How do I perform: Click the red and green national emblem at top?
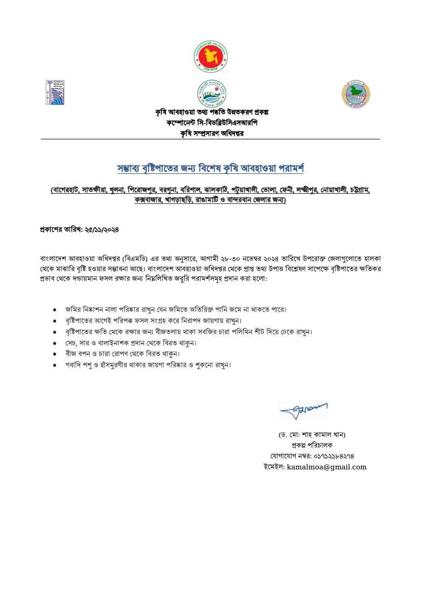(211, 56)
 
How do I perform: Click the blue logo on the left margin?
(57, 93)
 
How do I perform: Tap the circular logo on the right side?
(355, 95)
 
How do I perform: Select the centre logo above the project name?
(211, 94)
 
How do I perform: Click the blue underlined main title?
(210, 168)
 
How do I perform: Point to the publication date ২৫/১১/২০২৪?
(101, 229)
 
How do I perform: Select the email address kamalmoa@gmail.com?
(326, 467)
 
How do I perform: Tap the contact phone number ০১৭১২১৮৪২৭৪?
(333, 456)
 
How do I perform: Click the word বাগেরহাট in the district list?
(66, 190)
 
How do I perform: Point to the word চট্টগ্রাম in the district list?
(358, 190)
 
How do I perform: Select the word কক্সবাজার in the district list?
(148, 200)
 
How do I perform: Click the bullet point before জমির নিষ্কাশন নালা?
(54, 309)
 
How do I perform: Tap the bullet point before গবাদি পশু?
(54, 365)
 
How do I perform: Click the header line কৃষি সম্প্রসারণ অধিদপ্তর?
(210, 133)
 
